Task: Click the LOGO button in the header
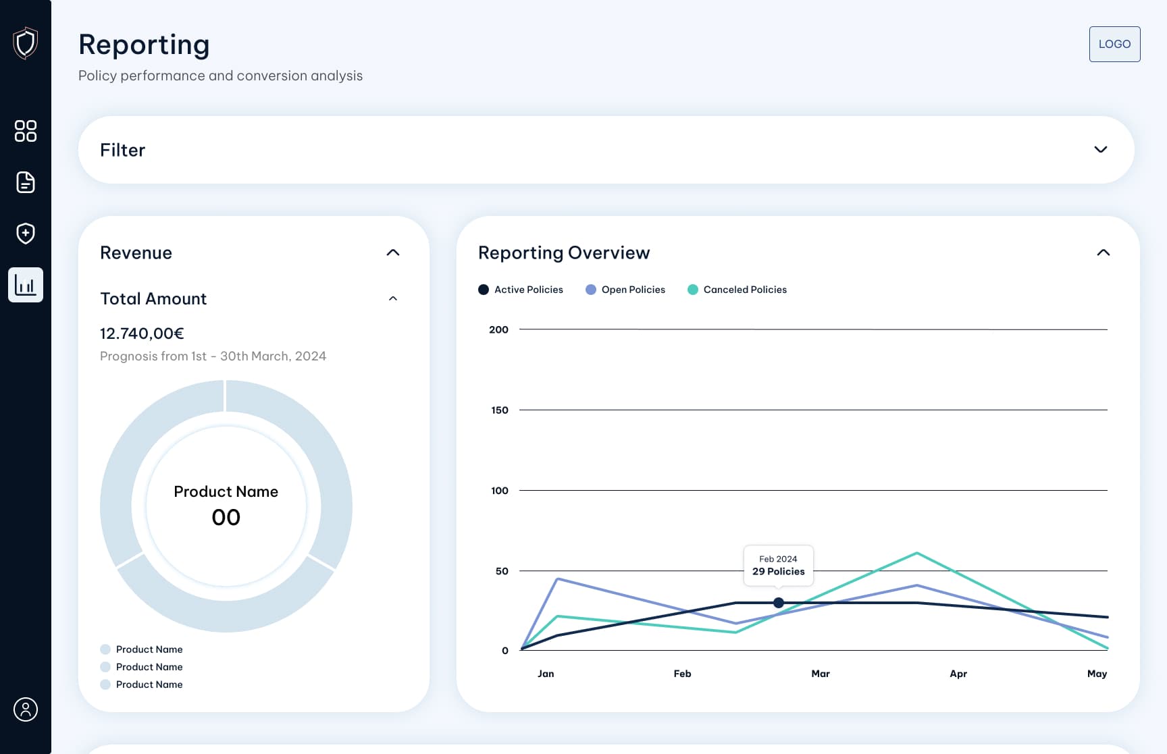point(1114,44)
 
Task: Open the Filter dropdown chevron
point(1100,149)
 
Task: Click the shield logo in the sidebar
point(26,43)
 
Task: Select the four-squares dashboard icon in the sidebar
point(26,131)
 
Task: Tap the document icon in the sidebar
point(26,182)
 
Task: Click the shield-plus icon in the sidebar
point(26,234)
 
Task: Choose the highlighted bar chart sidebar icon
point(26,285)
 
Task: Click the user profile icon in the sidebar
point(26,709)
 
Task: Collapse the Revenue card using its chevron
point(393,252)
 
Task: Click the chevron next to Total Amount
point(393,298)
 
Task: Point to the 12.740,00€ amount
point(142,333)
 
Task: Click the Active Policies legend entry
point(521,290)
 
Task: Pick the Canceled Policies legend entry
point(737,290)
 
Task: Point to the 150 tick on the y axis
point(500,410)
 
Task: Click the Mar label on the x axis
point(820,674)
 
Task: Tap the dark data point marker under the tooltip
point(779,603)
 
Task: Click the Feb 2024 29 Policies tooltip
point(778,565)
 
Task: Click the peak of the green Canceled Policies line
point(916,554)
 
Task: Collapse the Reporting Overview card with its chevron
point(1103,252)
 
